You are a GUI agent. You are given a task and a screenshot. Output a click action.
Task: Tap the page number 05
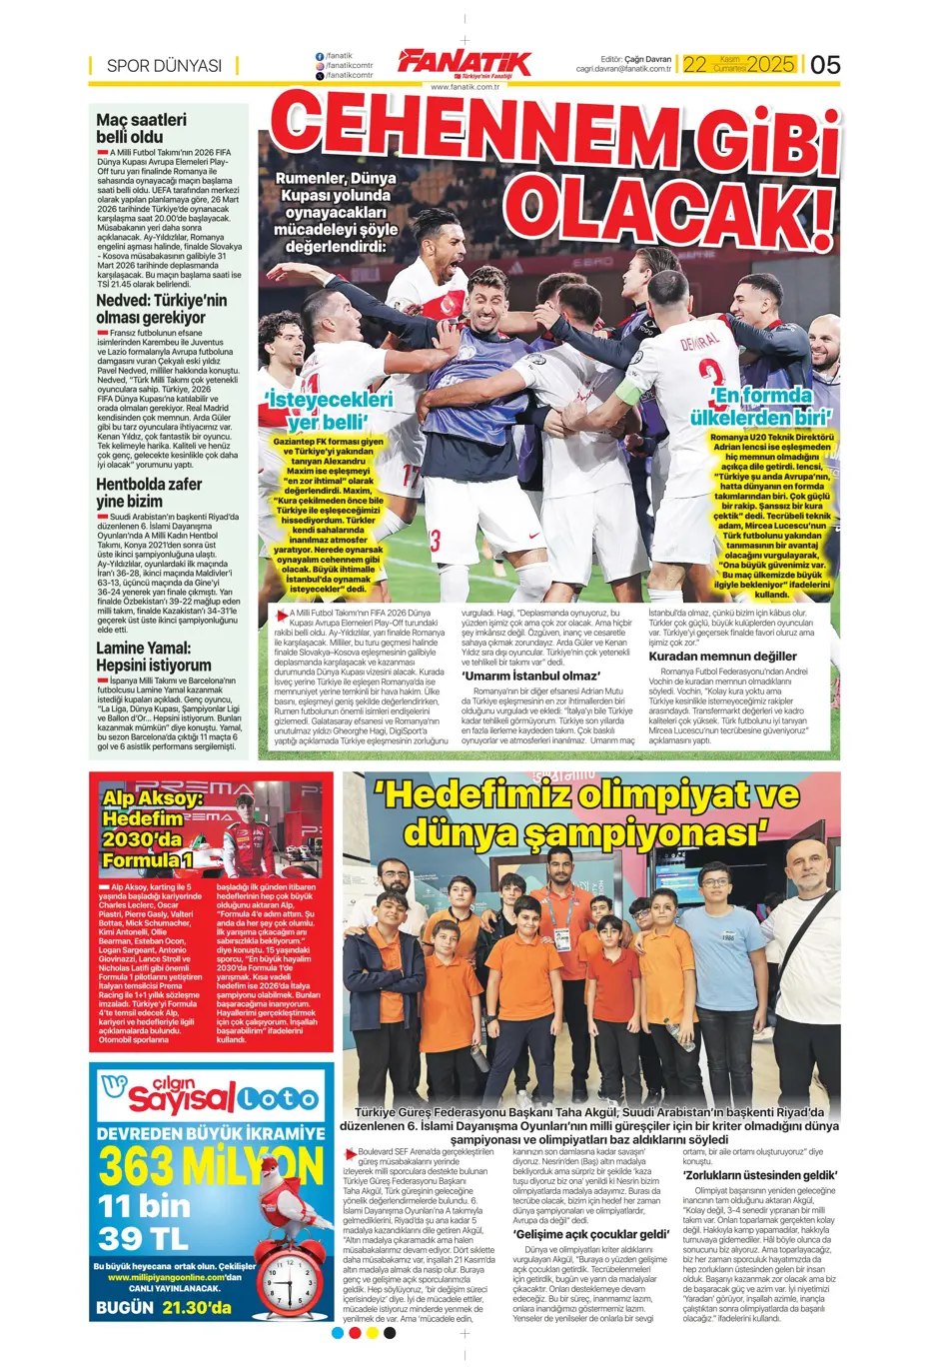pyautogui.click(x=825, y=65)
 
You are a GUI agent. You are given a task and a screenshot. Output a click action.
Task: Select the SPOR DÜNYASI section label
pyautogui.click(x=164, y=66)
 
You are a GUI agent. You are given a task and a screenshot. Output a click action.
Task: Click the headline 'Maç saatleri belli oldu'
pyautogui.click(x=141, y=128)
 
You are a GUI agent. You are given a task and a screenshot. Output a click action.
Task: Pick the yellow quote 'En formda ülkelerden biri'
pyautogui.click(x=763, y=407)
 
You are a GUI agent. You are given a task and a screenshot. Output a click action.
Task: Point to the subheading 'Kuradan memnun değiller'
pyautogui.click(x=722, y=657)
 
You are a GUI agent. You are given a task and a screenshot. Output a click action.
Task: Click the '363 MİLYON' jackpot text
pyautogui.click(x=211, y=1166)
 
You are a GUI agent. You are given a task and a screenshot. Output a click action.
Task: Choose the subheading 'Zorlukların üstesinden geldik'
pyautogui.click(x=759, y=1175)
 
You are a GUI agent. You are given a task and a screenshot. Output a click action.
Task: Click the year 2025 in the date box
pyautogui.click(x=770, y=65)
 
